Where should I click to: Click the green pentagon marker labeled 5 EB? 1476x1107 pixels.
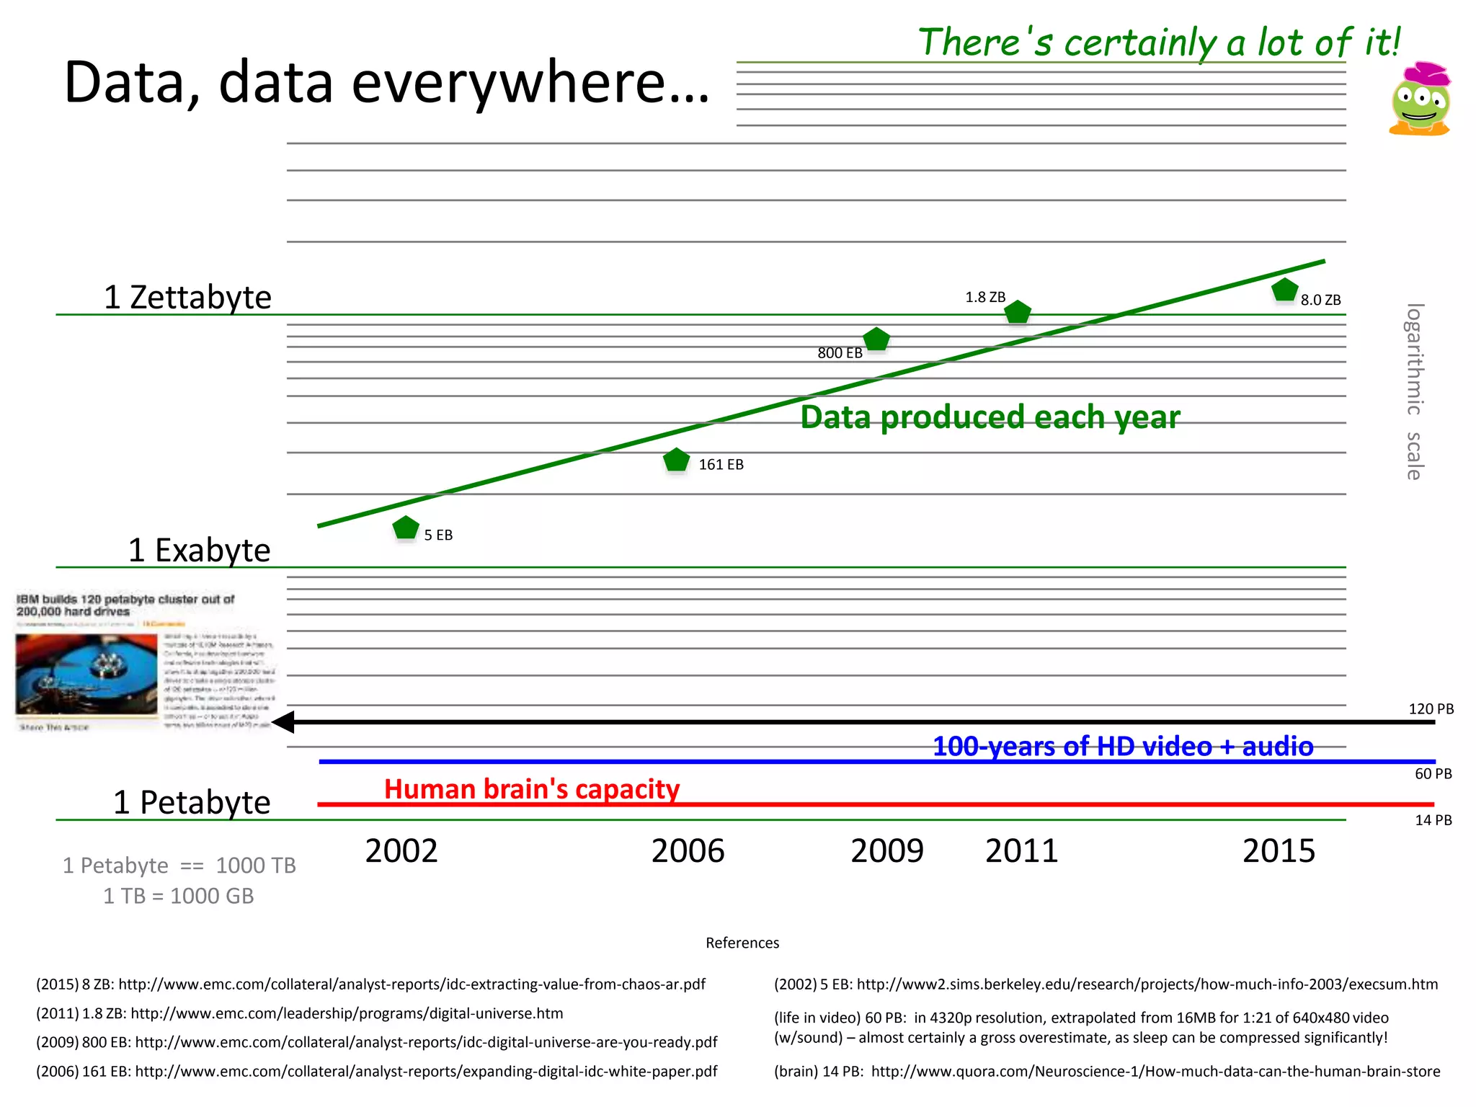tap(406, 528)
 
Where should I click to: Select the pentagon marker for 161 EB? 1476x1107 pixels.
tap(676, 461)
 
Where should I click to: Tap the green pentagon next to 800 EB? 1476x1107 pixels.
tap(876, 339)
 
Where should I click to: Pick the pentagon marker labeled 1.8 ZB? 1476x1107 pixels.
tap(1017, 313)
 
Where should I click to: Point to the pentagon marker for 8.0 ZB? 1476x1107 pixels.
tap(1284, 290)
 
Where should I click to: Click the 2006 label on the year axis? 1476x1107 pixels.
tap(688, 851)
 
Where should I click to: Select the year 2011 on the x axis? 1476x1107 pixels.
tap(1021, 851)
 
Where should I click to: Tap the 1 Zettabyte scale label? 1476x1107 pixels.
tap(187, 298)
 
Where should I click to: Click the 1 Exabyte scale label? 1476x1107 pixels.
tap(199, 551)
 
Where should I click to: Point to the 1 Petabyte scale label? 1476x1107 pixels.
tap(192, 803)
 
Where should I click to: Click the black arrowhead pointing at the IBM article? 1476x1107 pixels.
tap(283, 722)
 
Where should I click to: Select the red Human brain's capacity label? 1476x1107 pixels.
tap(532, 789)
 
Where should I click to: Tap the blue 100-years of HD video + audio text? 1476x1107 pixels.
tap(1123, 747)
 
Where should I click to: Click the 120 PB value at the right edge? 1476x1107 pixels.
tap(1431, 709)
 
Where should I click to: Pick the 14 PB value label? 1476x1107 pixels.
tap(1433, 820)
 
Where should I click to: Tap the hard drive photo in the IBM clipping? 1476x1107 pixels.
tap(86, 675)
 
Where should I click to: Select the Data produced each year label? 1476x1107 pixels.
tap(990, 417)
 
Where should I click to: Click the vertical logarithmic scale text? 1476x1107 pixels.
tap(1414, 391)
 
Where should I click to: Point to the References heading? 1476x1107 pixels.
tap(742, 943)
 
